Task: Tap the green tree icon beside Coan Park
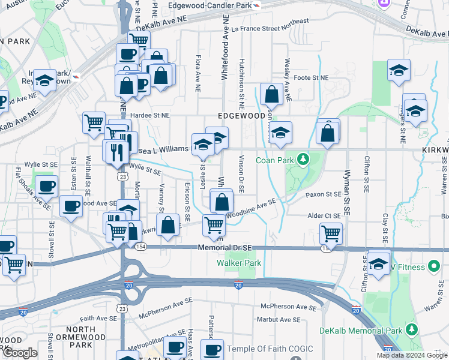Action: pos(304,159)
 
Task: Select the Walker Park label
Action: pos(238,263)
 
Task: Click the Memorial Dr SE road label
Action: pos(225,247)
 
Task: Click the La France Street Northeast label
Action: pos(270,24)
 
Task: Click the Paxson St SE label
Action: pos(323,194)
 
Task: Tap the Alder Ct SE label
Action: pos(324,215)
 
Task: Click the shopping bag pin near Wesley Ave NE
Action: pos(272,94)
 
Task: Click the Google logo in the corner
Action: pos(20,353)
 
